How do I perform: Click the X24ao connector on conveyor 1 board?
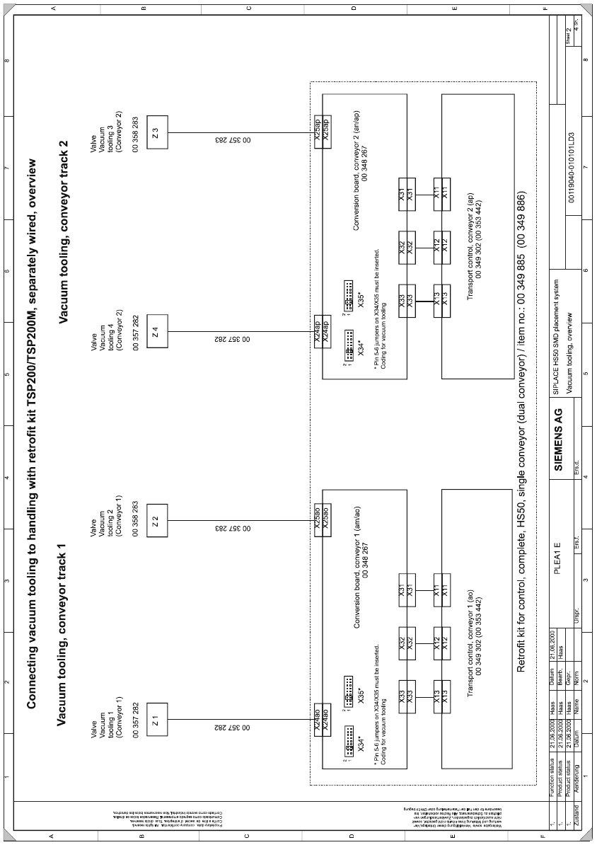(x=323, y=720)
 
